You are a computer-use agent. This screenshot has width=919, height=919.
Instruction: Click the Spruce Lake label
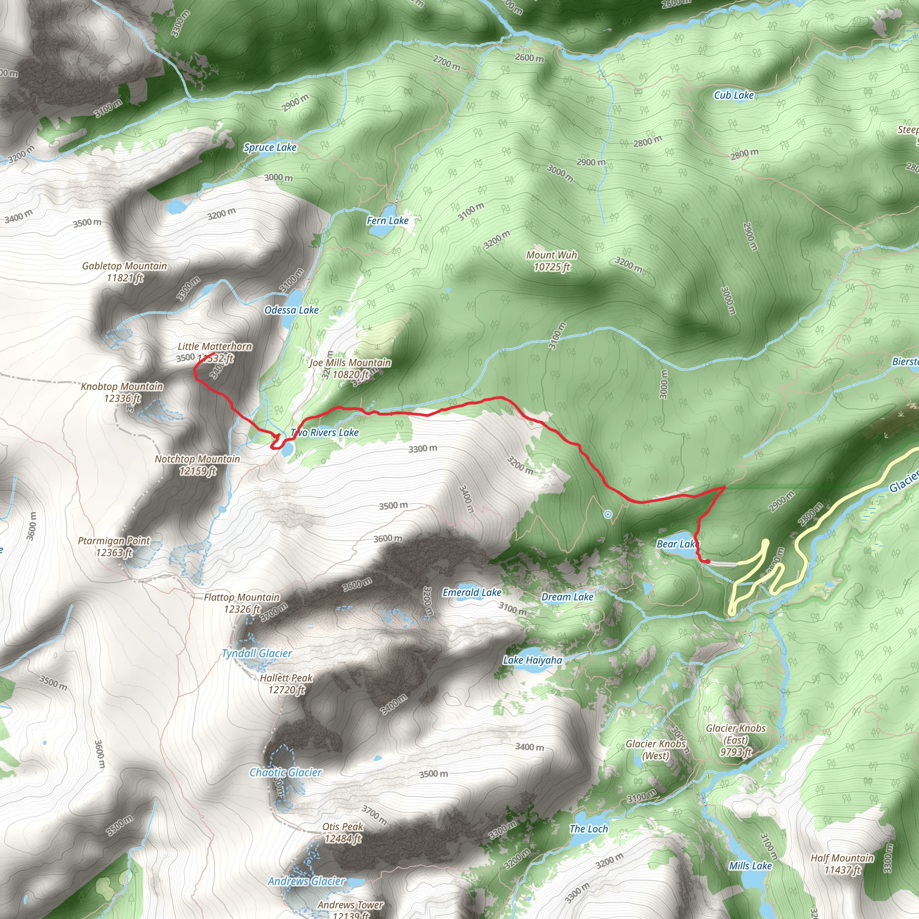point(270,148)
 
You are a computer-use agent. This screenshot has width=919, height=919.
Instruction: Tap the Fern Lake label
point(387,221)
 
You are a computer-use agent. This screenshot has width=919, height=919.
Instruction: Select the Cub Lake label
point(734,95)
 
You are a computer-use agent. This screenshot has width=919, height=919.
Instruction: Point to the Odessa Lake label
point(291,310)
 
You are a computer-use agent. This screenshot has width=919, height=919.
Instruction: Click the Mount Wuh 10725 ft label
point(551,261)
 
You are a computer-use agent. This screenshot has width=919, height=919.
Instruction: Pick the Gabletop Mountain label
point(125,271)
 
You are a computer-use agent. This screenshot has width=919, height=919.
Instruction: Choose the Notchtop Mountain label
point(197,465)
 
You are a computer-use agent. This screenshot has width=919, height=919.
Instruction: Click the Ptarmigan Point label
point(114,547)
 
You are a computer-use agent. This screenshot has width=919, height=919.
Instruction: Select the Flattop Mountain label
point(242,603)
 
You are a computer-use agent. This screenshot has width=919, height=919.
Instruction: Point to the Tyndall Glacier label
point(257,653)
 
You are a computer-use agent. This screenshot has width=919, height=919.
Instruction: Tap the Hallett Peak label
point(286,683)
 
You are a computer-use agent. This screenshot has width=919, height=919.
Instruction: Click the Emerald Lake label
point(472,593)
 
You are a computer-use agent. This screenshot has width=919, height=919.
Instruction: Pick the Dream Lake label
point(567,597)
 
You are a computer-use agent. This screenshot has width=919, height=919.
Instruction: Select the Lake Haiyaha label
point(533,660)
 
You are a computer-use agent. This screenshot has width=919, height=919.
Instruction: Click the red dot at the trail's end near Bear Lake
point(708,562)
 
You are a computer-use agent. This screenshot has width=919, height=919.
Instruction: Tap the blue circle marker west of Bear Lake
point(608,514)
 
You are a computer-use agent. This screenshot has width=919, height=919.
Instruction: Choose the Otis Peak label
point(343,832)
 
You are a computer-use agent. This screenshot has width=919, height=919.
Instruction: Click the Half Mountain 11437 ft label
point(842,864)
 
